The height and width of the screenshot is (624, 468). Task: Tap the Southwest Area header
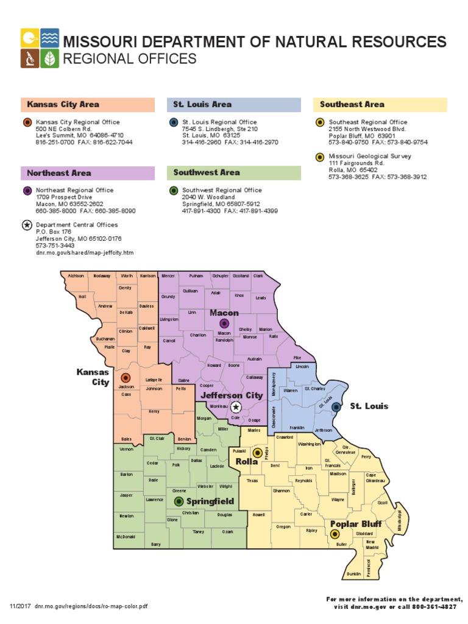207,172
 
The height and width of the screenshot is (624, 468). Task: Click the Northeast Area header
58,173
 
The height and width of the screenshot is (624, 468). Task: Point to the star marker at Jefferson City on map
236,407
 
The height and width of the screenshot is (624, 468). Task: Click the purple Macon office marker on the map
224,324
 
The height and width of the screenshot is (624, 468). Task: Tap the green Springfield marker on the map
179,501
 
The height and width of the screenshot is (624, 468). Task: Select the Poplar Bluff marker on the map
334,534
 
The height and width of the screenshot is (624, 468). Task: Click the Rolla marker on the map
257,453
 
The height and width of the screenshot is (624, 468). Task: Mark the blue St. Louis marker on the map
336,406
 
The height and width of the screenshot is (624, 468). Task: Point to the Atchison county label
76,276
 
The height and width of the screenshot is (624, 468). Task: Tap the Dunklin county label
353,573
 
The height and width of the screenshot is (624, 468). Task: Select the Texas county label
253,480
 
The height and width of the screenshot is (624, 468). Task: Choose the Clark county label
258,276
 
